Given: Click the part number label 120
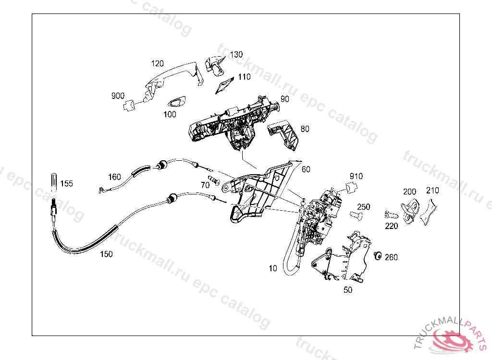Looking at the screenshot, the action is pos(158,63).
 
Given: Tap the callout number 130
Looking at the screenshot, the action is pos(236,55).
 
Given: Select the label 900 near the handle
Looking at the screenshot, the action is pos(118,96).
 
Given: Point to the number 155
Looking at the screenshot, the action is pos(67,183).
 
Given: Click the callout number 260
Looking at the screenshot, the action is pos(391,257).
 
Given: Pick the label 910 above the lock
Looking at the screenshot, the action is pos(356,176).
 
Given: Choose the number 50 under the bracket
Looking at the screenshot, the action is pos(348,290).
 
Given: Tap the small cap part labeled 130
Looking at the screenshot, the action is pos(214,64).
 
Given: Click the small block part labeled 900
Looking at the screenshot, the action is pos(128,105).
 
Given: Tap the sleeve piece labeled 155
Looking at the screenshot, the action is pos(54,182).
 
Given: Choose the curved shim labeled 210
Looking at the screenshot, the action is pos(429,211).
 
